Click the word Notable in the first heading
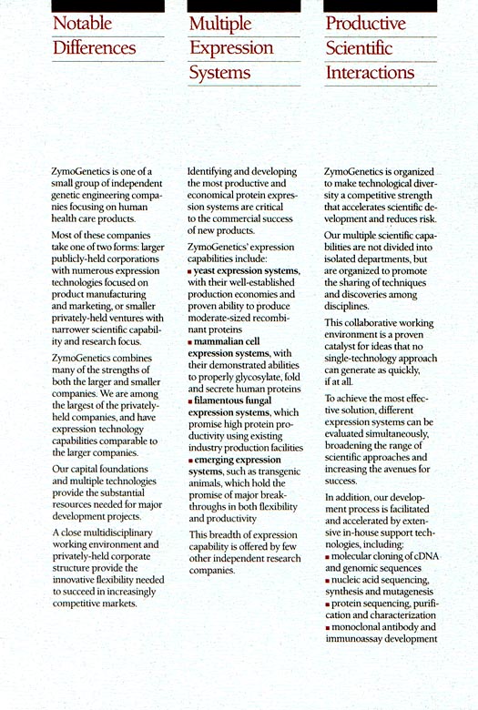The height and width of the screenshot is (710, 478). [81, 23]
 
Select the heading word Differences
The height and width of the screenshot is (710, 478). [94, 47]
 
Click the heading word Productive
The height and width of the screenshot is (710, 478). [366, 23]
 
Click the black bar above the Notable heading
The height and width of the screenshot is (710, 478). [95, 5]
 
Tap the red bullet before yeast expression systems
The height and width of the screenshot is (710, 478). [189, 272]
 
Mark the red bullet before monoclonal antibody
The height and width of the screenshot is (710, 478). [328, 626]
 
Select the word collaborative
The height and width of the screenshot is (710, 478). [369, 324]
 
